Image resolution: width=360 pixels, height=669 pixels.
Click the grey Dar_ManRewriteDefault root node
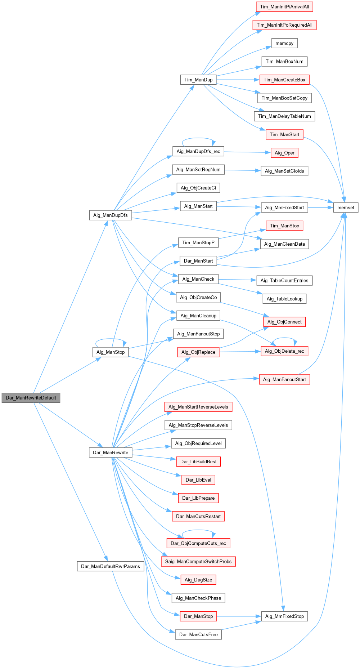click(x=31, y=398)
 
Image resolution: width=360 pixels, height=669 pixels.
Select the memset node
click(x=346, y=208)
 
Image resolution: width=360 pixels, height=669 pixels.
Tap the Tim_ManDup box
click(x=198, y=80)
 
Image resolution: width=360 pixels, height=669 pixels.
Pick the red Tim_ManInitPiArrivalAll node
click(x=284, y=7)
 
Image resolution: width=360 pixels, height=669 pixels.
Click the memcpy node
click(x=284, y=43)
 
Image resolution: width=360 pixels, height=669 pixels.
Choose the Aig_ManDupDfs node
click(x=111, y=215)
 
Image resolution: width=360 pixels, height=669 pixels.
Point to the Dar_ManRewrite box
click(x=111, y=452)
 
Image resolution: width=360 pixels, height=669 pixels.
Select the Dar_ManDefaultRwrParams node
click(x=111, y=566)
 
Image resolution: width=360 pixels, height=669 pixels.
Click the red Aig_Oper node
click(x=284, y=153)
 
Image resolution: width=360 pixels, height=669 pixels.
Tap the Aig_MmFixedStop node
click(x=284, y=616)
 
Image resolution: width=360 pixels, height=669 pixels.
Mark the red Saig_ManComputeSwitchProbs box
click(x=198, y=561)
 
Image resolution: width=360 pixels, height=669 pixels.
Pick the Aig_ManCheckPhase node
click(x=198, y=598)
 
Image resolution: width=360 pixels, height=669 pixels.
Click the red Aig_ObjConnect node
click(x=284, y=322)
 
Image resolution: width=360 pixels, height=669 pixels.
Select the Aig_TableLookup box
click(x=284, y=299)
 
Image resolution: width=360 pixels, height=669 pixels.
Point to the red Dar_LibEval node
click(x=198, y=480)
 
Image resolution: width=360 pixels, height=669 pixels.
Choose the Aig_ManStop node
click(x=111, y=352)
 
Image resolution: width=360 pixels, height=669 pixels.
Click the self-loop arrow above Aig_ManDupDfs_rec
click(x=198, y=138)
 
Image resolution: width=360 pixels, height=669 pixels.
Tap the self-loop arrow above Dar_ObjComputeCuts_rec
click(x=198, y=530)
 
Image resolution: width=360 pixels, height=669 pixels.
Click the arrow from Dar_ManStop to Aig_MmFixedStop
click(x=239, y=616)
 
